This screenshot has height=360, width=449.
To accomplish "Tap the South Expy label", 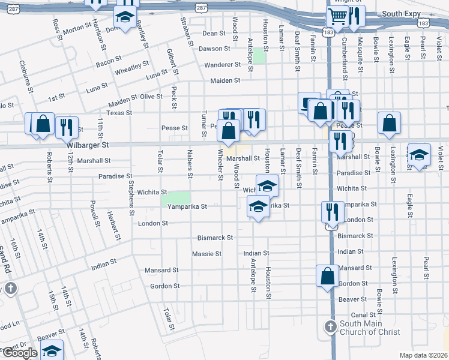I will (401, 13).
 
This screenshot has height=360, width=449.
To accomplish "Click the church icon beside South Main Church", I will (330, 327).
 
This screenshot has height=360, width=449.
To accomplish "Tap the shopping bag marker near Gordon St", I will (328, 276).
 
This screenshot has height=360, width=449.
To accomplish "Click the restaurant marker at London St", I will (330, 211).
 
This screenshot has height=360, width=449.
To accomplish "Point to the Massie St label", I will (207, 254).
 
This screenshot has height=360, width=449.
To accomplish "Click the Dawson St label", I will (214, 49).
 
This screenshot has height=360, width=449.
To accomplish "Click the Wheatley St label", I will (131, 67).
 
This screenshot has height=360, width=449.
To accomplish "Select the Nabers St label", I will (189, 164).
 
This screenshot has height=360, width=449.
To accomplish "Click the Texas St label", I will (119, 113).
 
